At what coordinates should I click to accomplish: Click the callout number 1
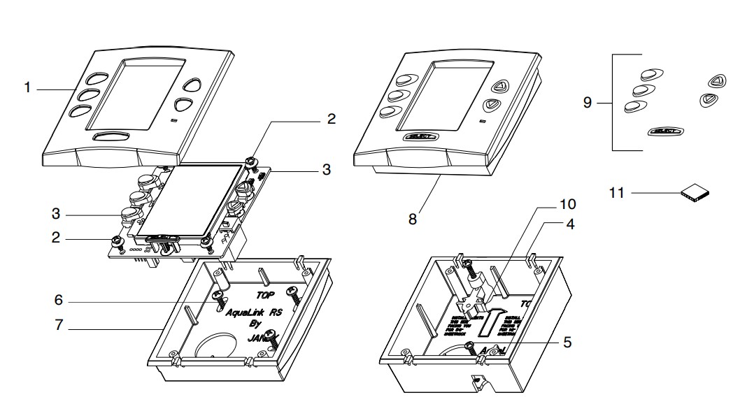pyautogui.click(x=27, y=88)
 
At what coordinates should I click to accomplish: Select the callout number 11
pyautogui.click(x=616, y=192)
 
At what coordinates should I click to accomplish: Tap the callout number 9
pyautogui.click(x=588, y=103)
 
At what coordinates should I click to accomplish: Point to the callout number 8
pyautogui.click(x=412, y=219)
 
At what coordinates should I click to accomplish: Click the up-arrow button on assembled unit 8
pyautogui.click(x=499, y=87)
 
